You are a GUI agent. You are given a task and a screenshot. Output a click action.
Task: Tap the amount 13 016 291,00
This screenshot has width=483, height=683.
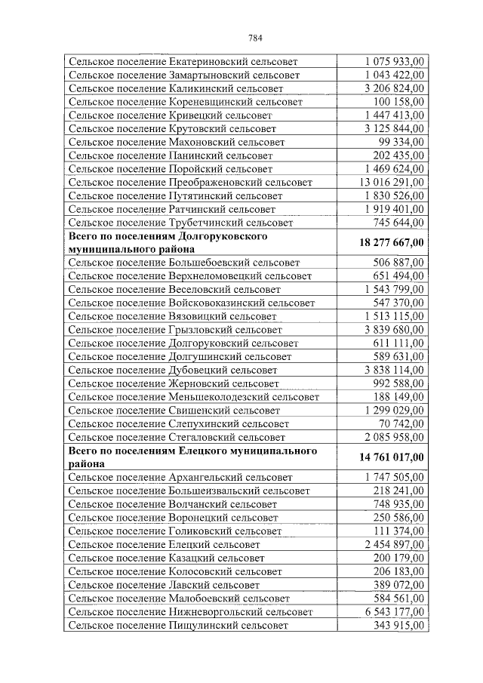pyautogui.click(x=391, y=182)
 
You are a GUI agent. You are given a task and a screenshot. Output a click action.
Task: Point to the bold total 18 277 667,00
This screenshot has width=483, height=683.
pyautogui.click(x=389, y=242)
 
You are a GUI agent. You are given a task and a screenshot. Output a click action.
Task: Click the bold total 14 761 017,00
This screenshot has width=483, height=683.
pyautogui.click(x=389, y=457)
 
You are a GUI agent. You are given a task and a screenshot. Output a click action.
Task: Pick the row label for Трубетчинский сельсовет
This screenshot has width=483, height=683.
pyautogui.click(x=181, y=223)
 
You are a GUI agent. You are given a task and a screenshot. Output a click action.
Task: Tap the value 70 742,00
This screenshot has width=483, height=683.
pyautogui.click(x=401, y=424)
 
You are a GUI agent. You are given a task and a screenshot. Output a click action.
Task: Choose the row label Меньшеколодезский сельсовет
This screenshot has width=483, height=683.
pyautogui.click(x=193, y=397)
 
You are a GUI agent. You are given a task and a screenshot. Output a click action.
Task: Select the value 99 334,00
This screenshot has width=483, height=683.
pyautogui.click(x=401, y=142)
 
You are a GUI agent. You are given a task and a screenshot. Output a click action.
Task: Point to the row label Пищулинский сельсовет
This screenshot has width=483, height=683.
pyautogui.click(x=177, y=626)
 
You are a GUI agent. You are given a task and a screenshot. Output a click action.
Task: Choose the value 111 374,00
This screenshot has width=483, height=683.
pyautogui.click(x=398, y=531)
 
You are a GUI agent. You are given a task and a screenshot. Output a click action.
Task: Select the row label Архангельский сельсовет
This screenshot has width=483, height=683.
pyautogui.click(x=180, y=478)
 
